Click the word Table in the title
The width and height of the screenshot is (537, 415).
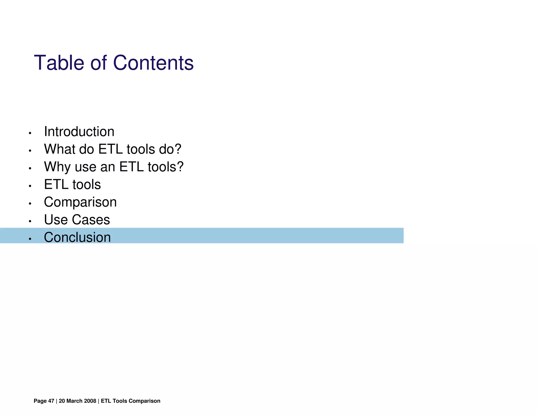click(59, 63)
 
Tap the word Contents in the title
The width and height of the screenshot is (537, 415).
click(153, 63)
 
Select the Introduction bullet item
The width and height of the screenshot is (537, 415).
click(79, 132)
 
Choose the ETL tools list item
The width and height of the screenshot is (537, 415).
click(72, 184)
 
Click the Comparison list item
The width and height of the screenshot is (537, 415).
click(80, 202)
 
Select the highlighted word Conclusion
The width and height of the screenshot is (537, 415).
click(77, 237)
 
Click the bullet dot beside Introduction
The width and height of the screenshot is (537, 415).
click(30, 133)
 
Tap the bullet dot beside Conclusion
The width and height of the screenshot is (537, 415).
click(30, 239)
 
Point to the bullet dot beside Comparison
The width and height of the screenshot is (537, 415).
click(30, 204)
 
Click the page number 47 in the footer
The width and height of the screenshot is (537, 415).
click(51, 401)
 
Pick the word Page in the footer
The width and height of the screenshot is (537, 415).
click(40, 401)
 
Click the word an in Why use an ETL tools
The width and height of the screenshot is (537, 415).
click(108, 167)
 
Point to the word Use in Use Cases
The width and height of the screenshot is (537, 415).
click(56, 220)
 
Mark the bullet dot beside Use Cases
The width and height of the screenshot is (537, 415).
click(30, 221)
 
